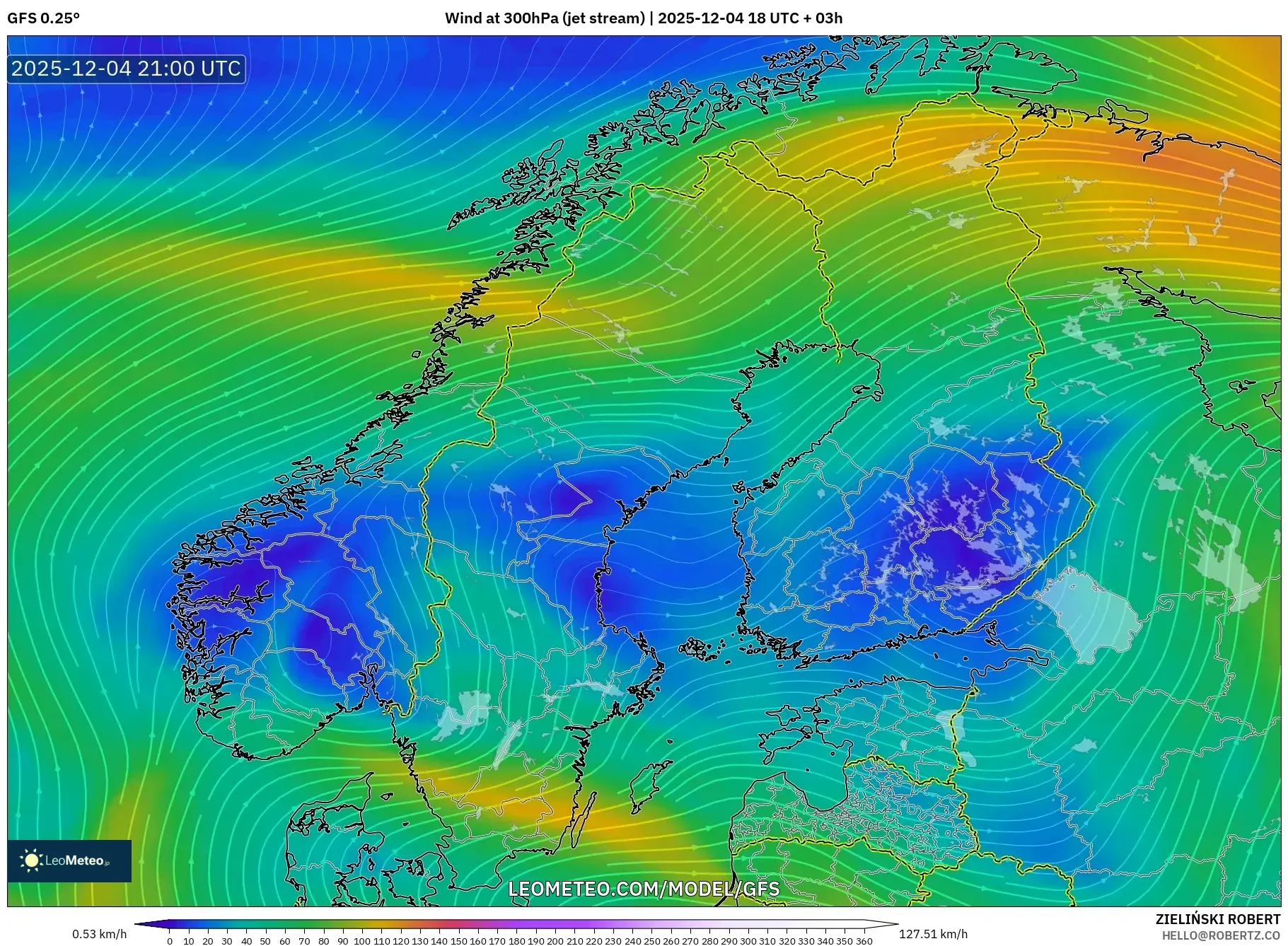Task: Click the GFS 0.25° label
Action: (x=43, y=18)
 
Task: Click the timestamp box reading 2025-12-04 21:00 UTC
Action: (x=127, y=69)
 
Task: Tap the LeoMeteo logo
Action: (x=69, y=860)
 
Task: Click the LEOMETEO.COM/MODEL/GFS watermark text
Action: (x=644, y=889)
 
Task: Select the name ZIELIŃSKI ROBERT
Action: (x=1217, y=919)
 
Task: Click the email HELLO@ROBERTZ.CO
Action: (x=1220, y=935)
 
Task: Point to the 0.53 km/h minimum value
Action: (x=100, y=934)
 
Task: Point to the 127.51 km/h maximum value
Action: (x=933, y=934)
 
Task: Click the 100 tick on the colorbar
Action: (x=362, y=941)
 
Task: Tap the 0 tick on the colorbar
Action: (x=170, y=941)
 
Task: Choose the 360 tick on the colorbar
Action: (x=864, y=941)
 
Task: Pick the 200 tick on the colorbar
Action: (x=555, y=941)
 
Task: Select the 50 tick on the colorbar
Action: (x=265, y=941)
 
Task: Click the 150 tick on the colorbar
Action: (x=458, y=941)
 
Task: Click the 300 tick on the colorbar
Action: (x=748, y=941)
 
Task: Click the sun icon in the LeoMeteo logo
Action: (x=31, y=860)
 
